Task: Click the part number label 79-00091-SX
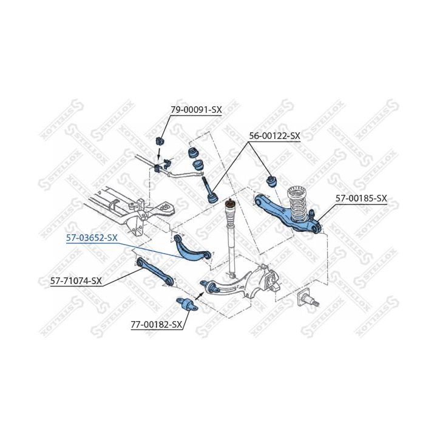click(x=196, y=110)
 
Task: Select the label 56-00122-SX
click(x=274, y=136)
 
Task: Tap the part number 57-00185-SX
click(x=361, y=198)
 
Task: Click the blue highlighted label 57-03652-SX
click(x=92, y=238)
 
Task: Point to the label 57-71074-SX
click(x=76, y=280)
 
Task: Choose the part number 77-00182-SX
click(x=157, y=324)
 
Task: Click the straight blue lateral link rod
click(x=155, y=272)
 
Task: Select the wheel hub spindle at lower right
click(x=308, y=298)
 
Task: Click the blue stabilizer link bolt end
click(x=214, y=198)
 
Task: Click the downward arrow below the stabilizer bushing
click(x=158, y=153)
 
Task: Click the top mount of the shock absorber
click(x=230, y=203)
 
